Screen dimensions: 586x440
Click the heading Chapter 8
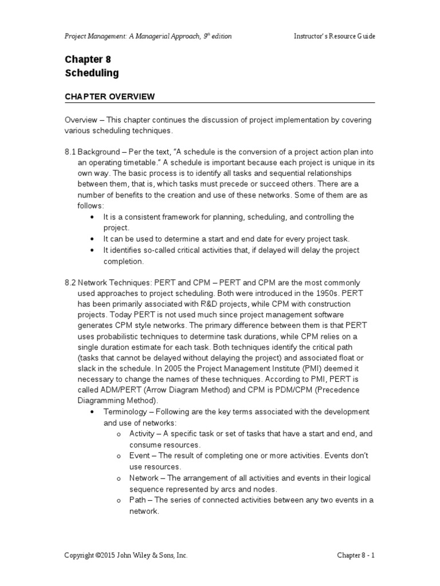click(x=88, y=60)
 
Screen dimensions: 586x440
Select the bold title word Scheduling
click(x=92, y=73)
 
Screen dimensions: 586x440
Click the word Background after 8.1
click(x=99, y=152)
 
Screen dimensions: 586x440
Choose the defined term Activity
click(x=143, y=434)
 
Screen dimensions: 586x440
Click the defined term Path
click(x=137, y=500)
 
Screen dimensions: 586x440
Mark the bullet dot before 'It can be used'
click(x=93, y=239)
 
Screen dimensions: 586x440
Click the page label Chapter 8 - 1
click(x=355, y=555)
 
